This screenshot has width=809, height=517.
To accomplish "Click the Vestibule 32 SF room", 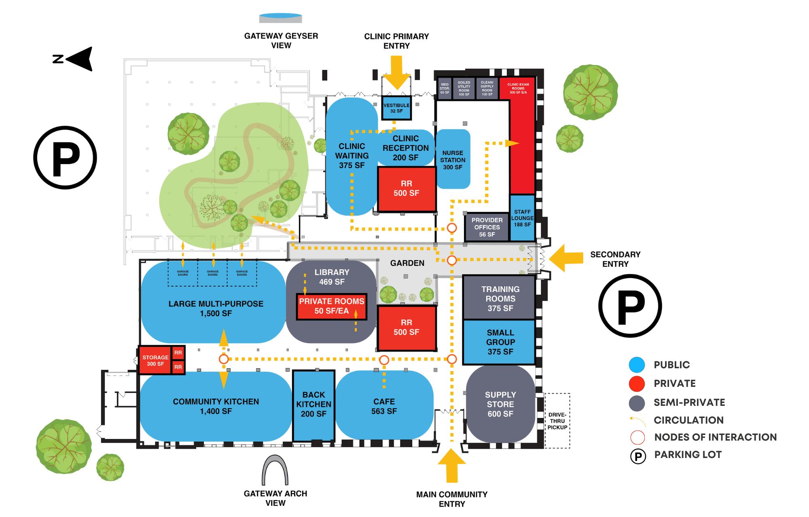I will [x=396, y=108].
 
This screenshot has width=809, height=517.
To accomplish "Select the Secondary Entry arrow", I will [x=565, y=257].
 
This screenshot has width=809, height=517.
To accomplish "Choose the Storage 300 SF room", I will [x=155, y=361].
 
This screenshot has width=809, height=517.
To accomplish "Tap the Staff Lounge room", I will [x=522, y=218].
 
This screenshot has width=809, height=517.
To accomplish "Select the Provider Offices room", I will [x=487, y=227].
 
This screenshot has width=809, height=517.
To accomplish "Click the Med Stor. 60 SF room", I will [x=445, y=89].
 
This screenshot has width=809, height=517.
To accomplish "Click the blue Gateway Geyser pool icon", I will [x=280, y=18].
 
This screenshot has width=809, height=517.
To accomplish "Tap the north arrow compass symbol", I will [x=75, y=59].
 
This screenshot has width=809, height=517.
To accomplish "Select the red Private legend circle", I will [x=637, y=384].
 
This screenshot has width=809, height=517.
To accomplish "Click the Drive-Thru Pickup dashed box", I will [x=557, y=421].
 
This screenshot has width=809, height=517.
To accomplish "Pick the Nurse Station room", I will [x=453, y=159].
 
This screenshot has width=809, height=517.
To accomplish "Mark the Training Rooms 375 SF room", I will [x=500, y=298].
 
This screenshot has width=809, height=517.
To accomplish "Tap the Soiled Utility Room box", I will [x=464, y=89].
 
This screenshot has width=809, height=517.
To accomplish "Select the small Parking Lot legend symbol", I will [x=638, y=456].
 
